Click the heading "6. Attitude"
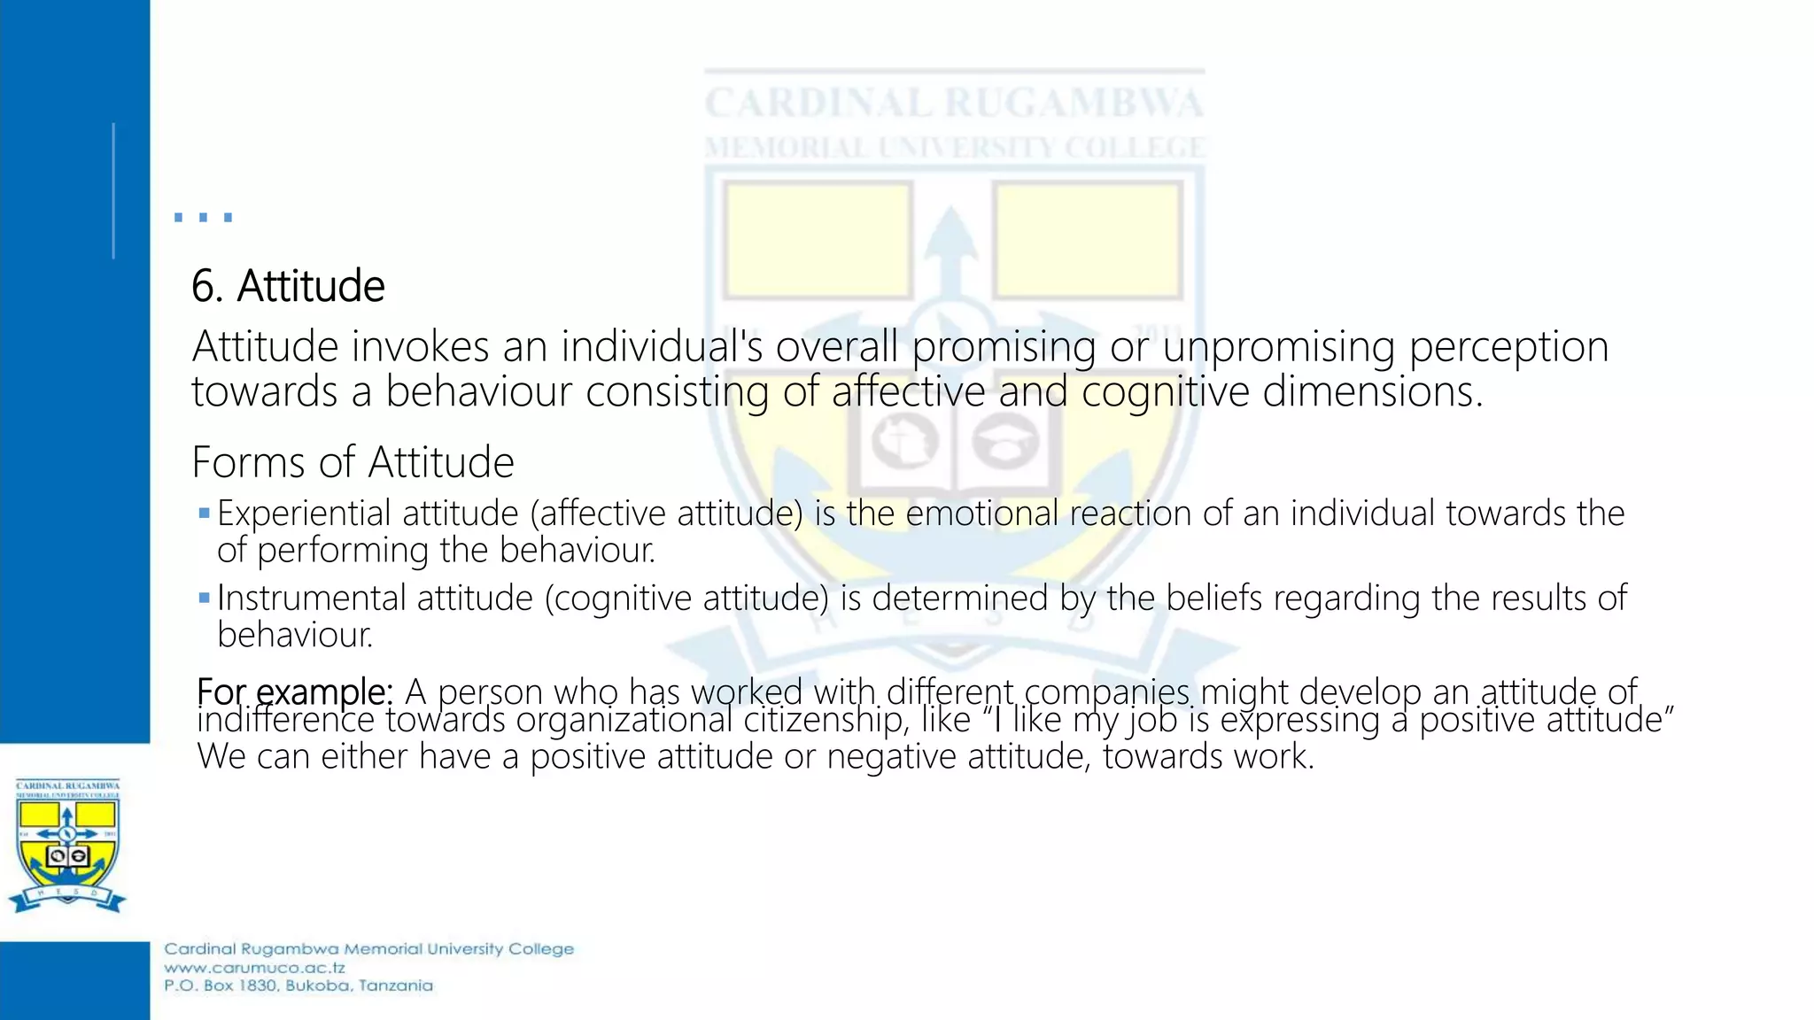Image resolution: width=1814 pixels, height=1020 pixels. (x=288, y=286)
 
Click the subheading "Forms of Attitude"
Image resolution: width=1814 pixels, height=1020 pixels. (x=353, y=462)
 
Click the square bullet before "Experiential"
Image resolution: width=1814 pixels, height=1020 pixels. (x=205, y=513)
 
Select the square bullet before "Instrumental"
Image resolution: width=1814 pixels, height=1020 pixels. (x=205, y=598)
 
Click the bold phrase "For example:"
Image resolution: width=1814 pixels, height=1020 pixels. (x=294, y=691)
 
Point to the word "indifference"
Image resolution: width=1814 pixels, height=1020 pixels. (x=285, y=720)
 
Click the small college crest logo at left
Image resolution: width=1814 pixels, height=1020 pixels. (x=67, y=846)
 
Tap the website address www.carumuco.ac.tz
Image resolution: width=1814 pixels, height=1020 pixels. (x=254, y=968)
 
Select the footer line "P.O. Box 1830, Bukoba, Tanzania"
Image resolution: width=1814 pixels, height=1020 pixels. (x=298, y=985)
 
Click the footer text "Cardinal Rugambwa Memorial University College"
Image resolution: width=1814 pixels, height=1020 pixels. (x=368, y=949)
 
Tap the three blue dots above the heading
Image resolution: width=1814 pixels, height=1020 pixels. (x=203, y=217)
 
